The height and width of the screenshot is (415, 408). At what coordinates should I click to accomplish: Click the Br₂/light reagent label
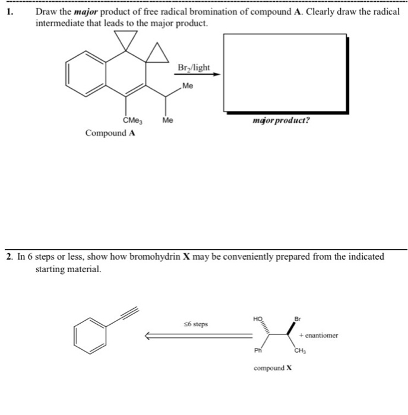[193, 68]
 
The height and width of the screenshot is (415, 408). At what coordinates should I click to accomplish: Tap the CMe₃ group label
[132, 120]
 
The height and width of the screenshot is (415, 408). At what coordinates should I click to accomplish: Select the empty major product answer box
[284, 72]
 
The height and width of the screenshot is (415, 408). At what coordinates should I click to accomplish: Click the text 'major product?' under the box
[280, 120]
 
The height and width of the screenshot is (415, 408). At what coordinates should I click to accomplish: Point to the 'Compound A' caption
[110, 133]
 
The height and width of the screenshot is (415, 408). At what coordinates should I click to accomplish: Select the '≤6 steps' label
[195, 324]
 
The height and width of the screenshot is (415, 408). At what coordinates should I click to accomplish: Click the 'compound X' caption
[273, 368]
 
